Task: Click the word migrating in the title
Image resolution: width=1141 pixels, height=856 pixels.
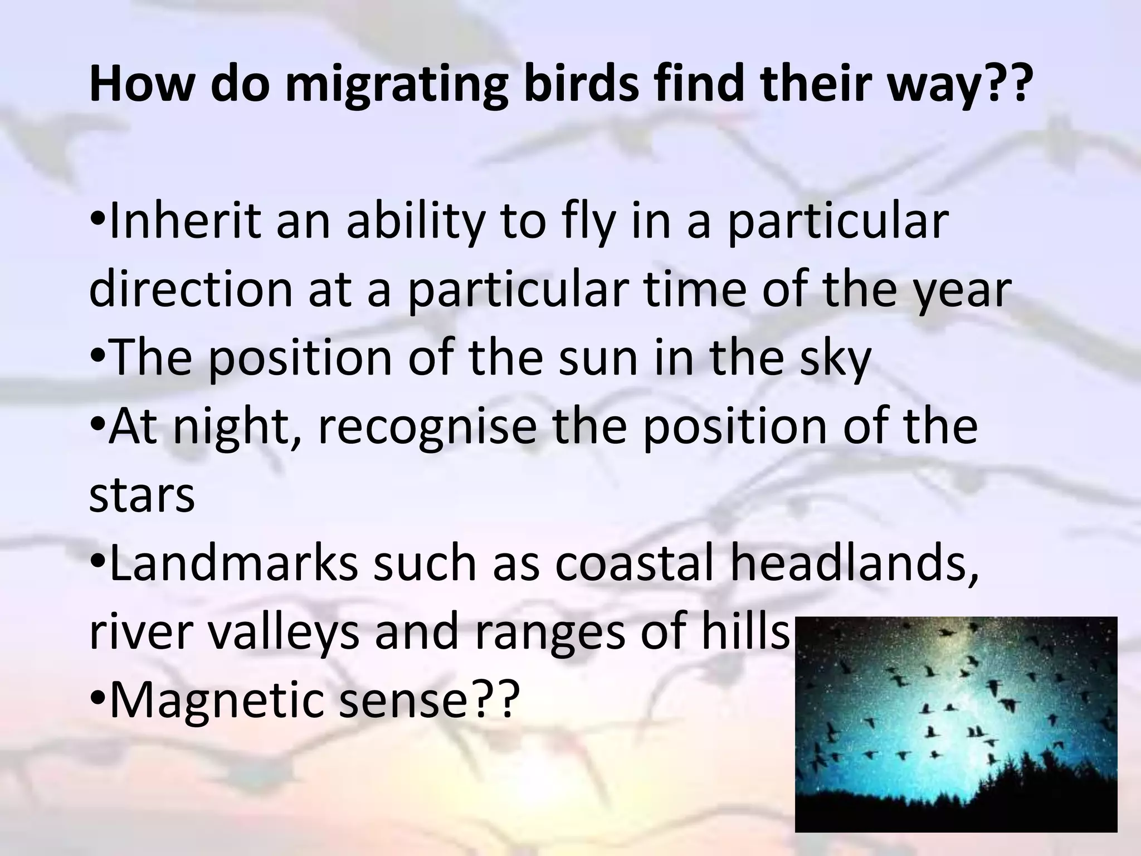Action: point(396,85)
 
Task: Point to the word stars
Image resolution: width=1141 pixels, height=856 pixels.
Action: point(142,495)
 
